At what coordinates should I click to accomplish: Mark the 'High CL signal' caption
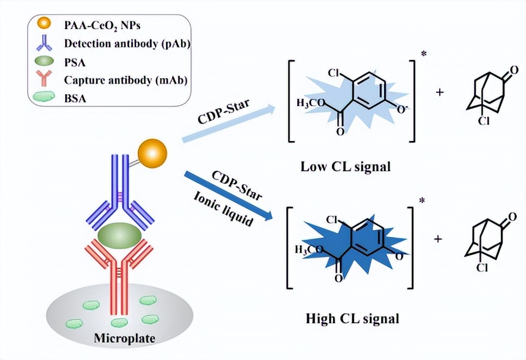coord(352,318)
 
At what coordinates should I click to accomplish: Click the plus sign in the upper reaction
coord(439,92)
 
